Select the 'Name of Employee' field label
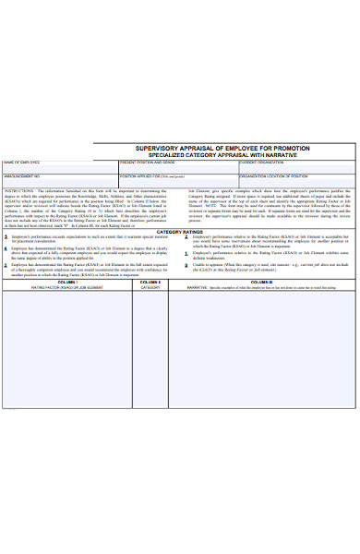point(22,162)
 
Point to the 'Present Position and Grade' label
point(148,162)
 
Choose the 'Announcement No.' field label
point(22,175)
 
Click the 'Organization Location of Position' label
point(273,175)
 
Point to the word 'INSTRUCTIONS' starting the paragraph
point(18,188)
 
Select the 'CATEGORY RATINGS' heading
point(180,231)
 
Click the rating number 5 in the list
point(6,237)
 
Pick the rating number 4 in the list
point(6,249)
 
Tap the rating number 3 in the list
point(6,264)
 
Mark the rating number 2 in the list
point(186,237)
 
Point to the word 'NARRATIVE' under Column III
point(198,288)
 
